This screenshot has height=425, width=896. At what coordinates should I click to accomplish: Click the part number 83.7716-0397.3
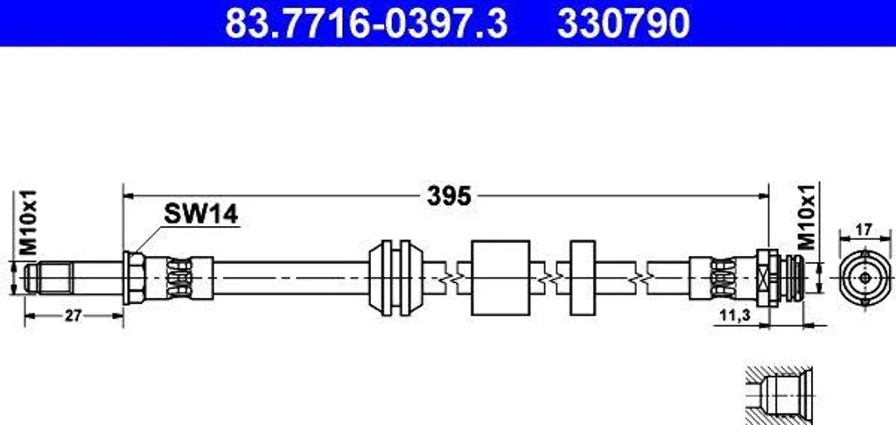366,23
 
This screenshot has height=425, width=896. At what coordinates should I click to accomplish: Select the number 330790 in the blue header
623,23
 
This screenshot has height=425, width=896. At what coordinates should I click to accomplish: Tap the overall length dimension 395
449,196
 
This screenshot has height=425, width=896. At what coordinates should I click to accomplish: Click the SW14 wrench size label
200,215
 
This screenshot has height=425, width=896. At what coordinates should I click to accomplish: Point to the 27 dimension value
73,315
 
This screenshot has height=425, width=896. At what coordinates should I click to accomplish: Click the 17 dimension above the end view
864,230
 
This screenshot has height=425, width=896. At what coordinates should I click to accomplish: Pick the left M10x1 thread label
27,223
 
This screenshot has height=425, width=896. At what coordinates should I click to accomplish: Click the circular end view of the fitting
865,278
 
